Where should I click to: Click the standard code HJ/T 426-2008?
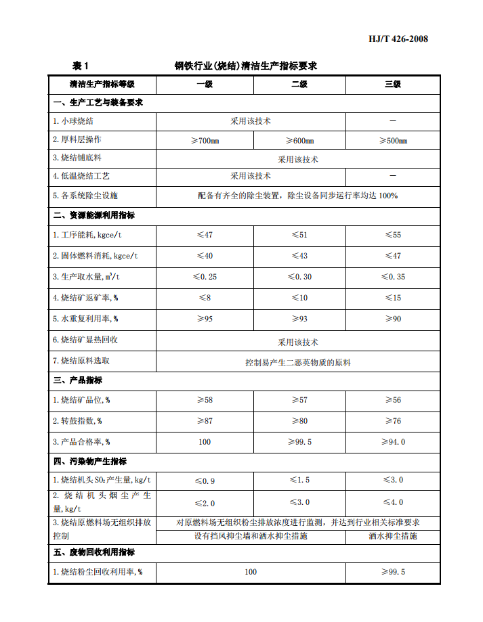point(398,39)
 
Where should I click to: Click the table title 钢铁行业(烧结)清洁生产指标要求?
point(245,66)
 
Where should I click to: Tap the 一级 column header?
point(204,85)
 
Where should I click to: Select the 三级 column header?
point(393,85)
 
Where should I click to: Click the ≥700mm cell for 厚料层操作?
point(204,140)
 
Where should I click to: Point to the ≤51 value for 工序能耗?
point(299,235)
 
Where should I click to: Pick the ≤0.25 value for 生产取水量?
point(204,277)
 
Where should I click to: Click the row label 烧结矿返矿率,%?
point(85,298)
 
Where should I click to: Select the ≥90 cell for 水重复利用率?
point(393,319)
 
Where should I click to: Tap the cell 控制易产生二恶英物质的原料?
point(298,363)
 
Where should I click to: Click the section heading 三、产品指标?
point(78,380)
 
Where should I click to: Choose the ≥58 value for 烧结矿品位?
point(204,400)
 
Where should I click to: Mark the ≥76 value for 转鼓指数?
point(393,421)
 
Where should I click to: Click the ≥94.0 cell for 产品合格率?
point(393,442)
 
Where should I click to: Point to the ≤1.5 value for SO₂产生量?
point(299,480)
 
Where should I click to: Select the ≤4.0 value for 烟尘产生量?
point(393,502)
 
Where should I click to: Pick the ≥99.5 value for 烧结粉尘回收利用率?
point(393,572)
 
